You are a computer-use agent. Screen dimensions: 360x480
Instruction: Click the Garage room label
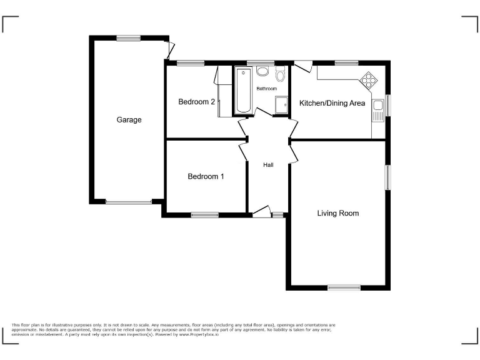pos(129,120)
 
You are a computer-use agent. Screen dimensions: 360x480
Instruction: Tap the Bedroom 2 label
pos(197,102)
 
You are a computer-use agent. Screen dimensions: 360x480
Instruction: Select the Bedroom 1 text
pos(206,176)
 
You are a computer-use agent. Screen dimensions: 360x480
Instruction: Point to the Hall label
pos(269,165)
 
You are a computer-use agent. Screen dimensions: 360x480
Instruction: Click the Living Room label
pos(338,213)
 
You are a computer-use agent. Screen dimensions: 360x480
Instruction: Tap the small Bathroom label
pos(266,89)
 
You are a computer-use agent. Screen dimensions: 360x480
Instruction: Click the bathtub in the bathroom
pos(243,91)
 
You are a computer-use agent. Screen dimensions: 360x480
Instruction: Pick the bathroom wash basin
pos(262,71)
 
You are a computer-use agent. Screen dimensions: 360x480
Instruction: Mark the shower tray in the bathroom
pos(282,106)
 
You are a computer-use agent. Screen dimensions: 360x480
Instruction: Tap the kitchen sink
pos(377,111)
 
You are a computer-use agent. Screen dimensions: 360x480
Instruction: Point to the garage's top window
pos(127,38)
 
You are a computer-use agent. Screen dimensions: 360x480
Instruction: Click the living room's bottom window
pos(344,287)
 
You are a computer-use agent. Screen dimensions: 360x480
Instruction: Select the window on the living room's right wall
pos(387,177)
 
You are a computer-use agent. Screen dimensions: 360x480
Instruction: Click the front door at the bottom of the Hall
pos(261,212)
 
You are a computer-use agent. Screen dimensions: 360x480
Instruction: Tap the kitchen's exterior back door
pos(304,65)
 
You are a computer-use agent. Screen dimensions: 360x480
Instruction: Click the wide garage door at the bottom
pos(128,202)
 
